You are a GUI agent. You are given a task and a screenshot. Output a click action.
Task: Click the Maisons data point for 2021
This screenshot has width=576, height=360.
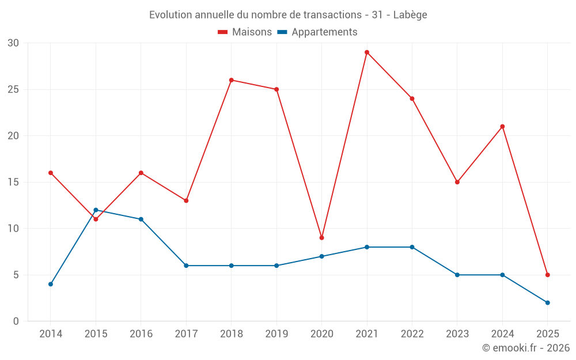pyautogui.click(x=367, y=52)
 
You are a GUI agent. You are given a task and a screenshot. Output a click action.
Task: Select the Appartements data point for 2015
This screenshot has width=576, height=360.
pyautogui.click(x=96, y=210)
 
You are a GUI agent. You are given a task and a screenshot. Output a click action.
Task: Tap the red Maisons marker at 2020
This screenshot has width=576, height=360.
pyautogui.click(x=321, y=238)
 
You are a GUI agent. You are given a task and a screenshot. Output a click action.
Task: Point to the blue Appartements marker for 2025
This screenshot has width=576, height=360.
pyautogui.click(x=547, y=302)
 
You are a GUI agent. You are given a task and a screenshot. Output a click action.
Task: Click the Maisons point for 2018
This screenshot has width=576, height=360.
pyautogui.click(x=232, y=80)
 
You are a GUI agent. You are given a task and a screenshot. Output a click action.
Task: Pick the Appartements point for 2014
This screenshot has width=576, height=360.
pyautogui.click(x=51, y=284)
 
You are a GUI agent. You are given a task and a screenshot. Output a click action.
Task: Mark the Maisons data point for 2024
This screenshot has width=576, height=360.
pyautogui.click(x=502, y=127)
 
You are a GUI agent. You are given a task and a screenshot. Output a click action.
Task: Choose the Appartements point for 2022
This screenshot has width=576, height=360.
pyautogui.click(x=412, y=247)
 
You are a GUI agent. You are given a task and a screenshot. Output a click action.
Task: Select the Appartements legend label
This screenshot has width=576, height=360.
pyautogui.click(x=324, y=32)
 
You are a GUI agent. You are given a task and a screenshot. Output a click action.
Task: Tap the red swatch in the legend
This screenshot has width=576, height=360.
pyautogui.click(x=223, y=32)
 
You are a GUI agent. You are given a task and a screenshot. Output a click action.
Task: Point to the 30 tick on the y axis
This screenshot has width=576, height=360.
pyautogui.click(x=13, y=43)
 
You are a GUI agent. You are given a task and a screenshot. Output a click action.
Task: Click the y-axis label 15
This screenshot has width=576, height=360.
pyautogui.click(x=13, y=183)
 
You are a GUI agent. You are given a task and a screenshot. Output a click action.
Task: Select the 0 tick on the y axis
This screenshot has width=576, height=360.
pyautogui.click(x=16, y=321)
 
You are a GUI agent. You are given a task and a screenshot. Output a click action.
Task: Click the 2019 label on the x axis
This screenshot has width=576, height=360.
pyautogui.click(x=276, y=334)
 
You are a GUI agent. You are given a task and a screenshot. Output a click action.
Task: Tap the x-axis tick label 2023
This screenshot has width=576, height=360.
pyautogui.click(x=457, y=334)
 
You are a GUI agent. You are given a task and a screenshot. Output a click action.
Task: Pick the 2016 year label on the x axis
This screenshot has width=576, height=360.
pyautogui.click(x=141, y=334)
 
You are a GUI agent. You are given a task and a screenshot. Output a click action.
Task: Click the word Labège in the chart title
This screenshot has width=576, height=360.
pyautogui.click(x=410, y=15)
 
